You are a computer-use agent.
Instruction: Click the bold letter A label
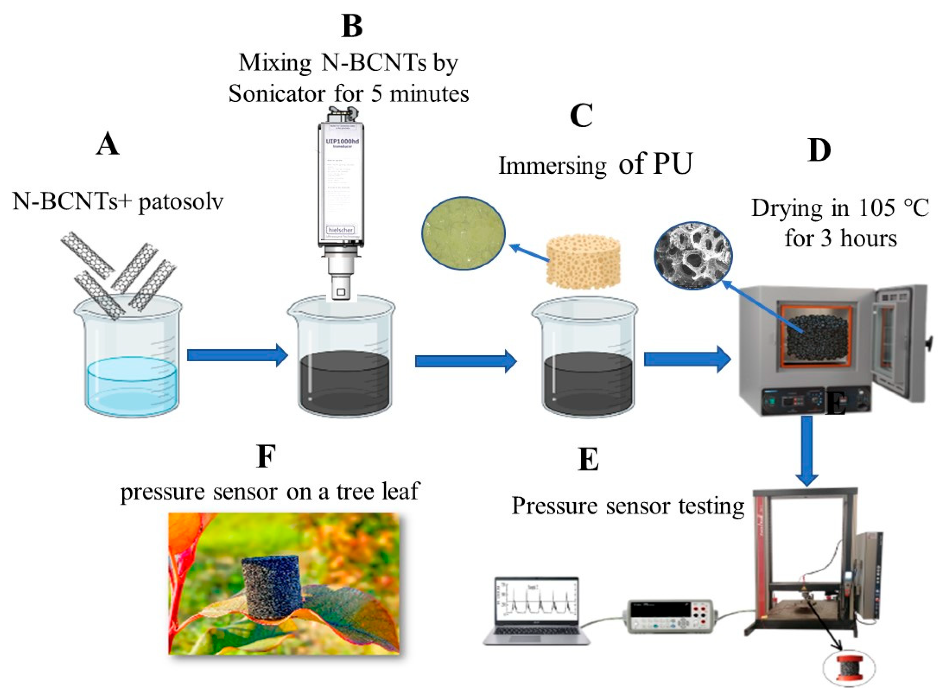tap(107, 145)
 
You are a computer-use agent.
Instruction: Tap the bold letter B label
tap(352, 26)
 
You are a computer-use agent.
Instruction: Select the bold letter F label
tap(266, 457)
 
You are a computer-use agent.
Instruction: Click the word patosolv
tap(181, 202)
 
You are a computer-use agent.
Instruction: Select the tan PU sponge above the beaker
tap(583, 262)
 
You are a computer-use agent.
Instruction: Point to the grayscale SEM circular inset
tap(693, 255)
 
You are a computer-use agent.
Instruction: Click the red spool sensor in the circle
tap(848, 670)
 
